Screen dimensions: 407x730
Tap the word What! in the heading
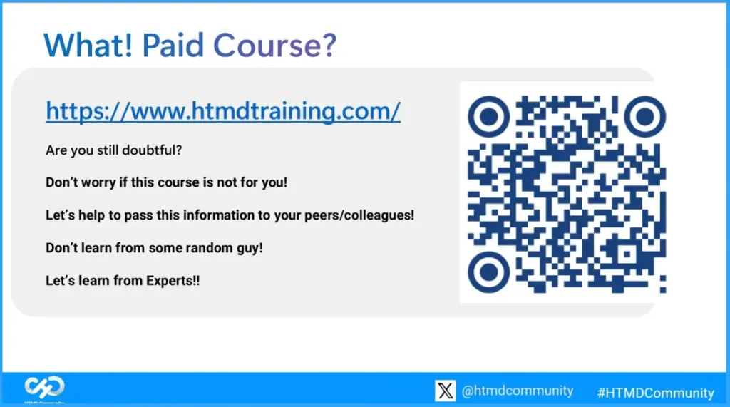pyautogui.click(x=88, y=46)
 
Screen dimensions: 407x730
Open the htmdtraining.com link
pyautogui.click(x=223, y=111)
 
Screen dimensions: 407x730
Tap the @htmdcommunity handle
pyautogui.click(x=517, y=391)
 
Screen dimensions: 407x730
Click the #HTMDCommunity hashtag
pyautogui.click(x=655, y=392)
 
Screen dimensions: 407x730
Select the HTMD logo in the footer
pyautogui.click(x=44, y=388)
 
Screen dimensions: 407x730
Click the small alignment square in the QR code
pyautogui.click(x=627, y=254)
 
